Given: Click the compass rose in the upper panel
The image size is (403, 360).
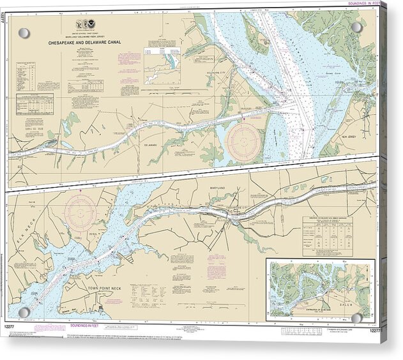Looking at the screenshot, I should pyautogui.click(x=244, y=140).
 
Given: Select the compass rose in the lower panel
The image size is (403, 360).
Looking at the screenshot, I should pyautogui.click(x=81, y=208).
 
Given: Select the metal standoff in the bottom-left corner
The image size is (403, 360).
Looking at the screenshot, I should pyautogui.click(x=24, y=311).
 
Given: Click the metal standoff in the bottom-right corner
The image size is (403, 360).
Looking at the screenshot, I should pyautogui.click(x=356, y=317).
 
